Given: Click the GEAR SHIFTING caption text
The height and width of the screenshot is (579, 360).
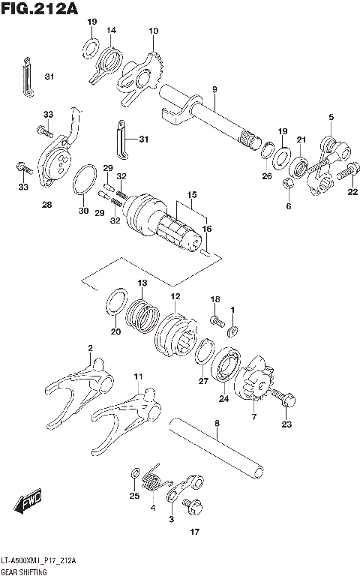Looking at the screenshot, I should click(26, 571).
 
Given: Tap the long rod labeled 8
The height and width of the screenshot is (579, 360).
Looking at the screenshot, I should click(217, 449).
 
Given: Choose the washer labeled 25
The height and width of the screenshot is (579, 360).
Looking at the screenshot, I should click(133, 474).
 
